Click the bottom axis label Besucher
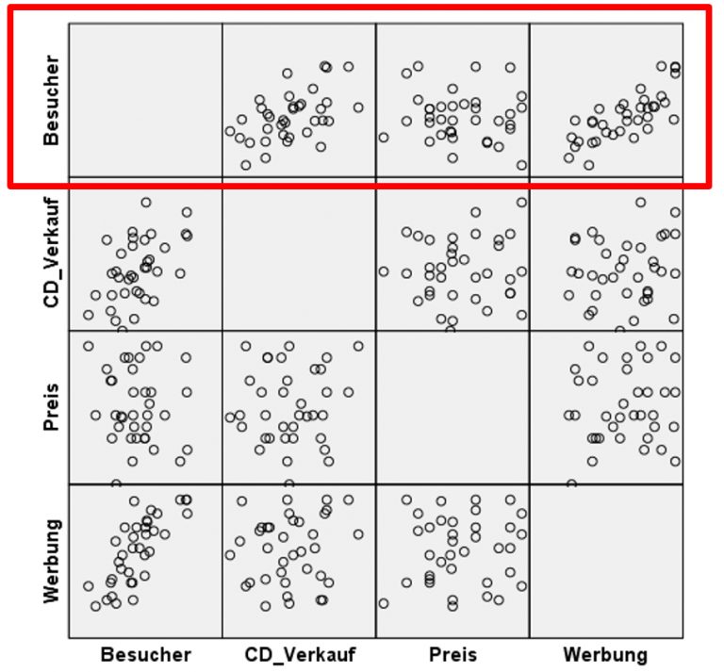click(145, 654)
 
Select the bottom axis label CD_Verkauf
click(299, 654)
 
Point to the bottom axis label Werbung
click(605, 654)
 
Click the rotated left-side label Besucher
click(52, 100)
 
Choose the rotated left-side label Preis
click(52, 407)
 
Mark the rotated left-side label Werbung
click(52, 561)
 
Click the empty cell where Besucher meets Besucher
click(145, 99)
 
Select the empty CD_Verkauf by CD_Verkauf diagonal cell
click(299, 254)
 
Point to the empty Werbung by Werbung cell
click(605, 561)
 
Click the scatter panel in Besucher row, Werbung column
click(605, 99)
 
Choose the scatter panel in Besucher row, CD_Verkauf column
click(299, 99)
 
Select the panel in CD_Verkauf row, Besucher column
click(145, 254)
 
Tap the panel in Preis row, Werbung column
click(605, 407)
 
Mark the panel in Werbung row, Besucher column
click(145, 561)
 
